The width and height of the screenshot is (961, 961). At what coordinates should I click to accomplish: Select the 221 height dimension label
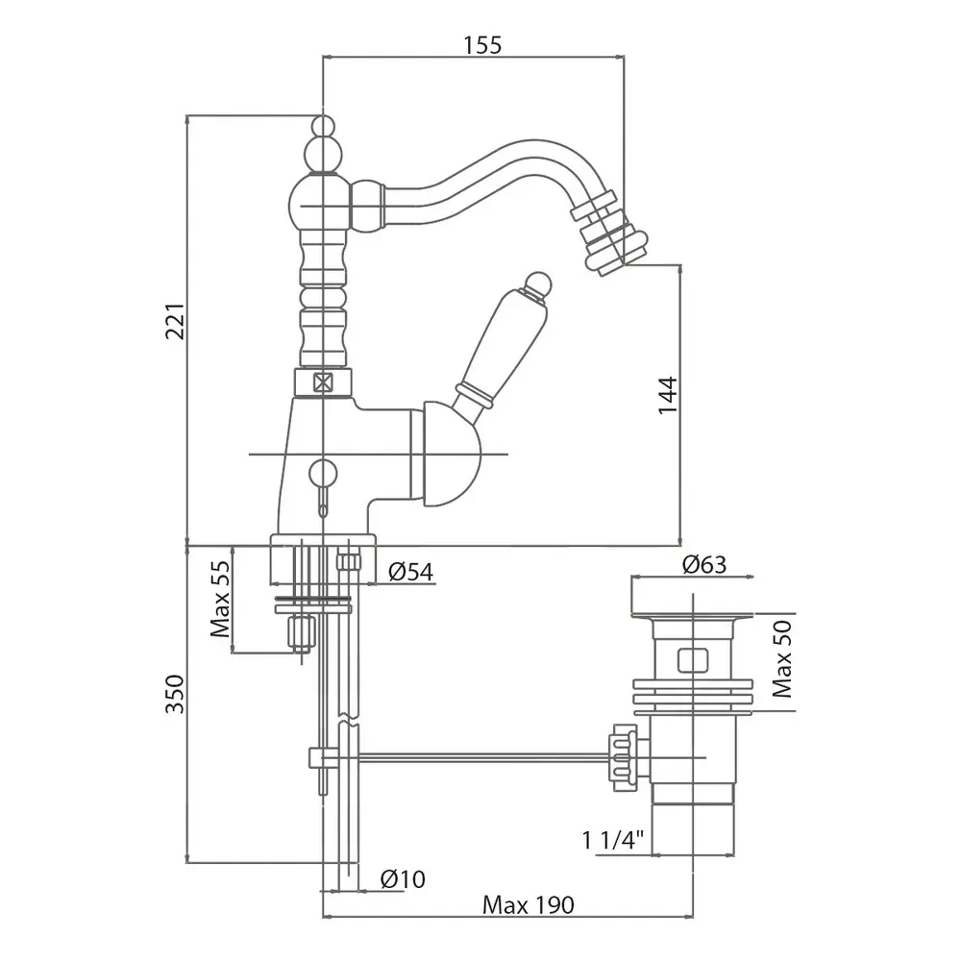tap(174, 329)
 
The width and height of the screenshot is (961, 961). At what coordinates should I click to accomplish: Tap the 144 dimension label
tap(668, 395)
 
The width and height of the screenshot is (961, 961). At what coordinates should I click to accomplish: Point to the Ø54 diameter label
tap(410, 573)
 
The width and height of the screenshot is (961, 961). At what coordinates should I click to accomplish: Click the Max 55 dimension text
tap(221, 600)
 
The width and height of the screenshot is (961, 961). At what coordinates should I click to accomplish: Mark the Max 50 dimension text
tap(783, 659)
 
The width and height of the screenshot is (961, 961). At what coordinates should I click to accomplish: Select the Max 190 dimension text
tap(529, 904)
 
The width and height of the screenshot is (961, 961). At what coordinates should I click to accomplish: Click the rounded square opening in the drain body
tap(690, 660)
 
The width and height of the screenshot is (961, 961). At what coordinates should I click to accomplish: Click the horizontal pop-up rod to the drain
tap(480, 757)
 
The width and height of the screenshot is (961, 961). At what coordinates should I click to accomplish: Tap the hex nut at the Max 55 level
tap(300, 633)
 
